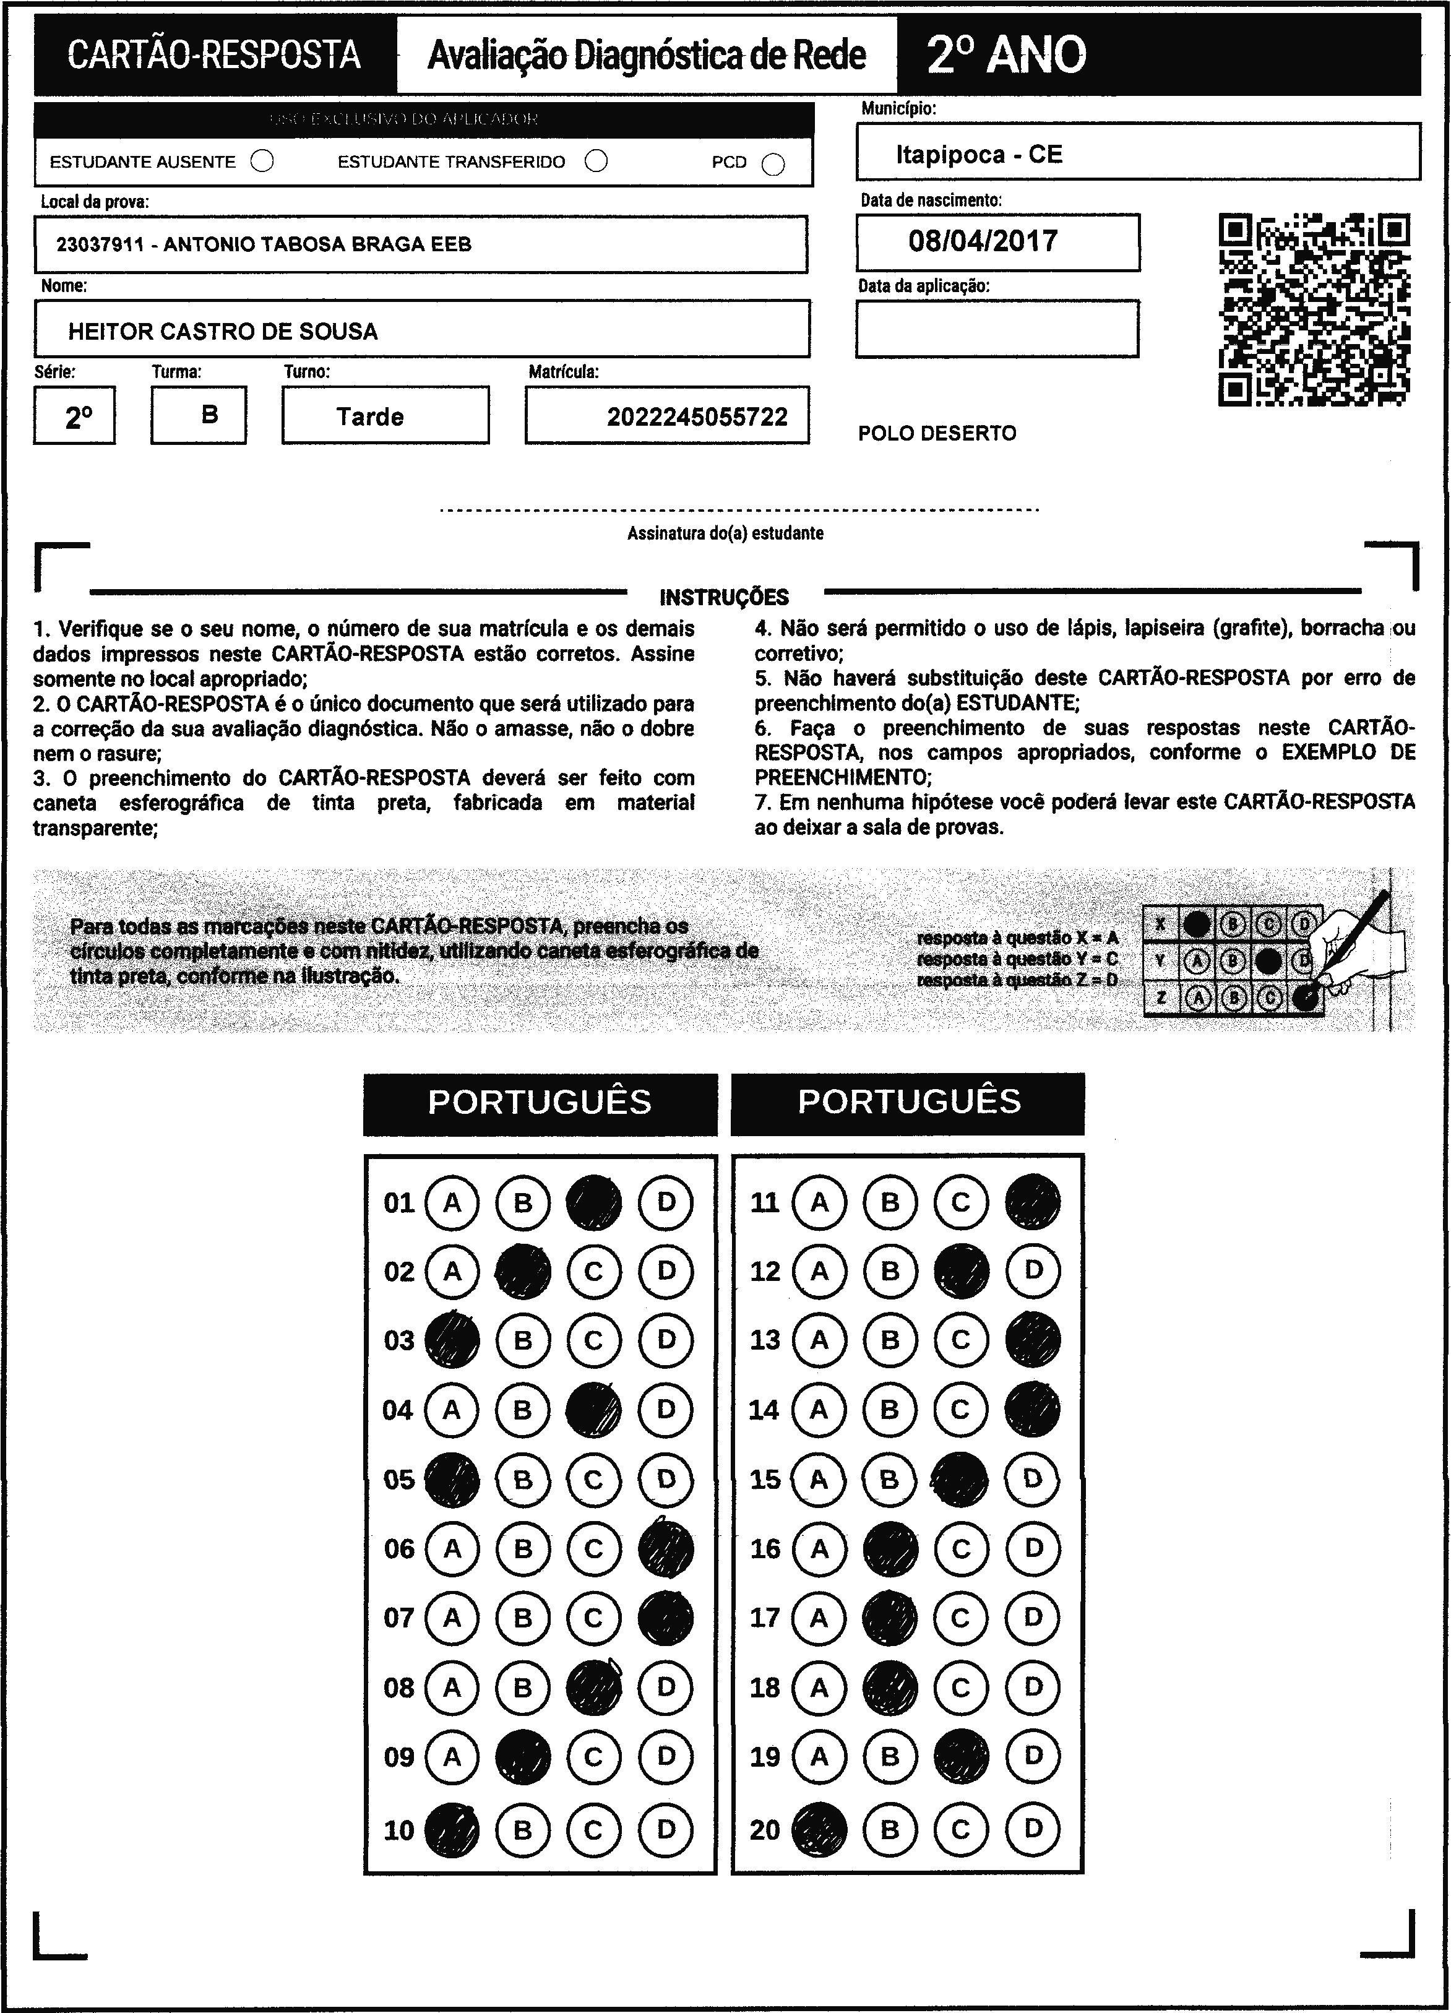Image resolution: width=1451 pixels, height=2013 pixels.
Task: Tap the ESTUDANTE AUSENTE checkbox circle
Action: click(262, 162)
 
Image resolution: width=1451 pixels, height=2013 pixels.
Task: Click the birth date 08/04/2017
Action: click(983, 241)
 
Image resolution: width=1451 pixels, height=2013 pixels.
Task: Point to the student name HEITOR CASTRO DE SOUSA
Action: click(223, 332)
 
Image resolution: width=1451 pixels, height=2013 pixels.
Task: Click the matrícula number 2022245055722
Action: click(697, 417)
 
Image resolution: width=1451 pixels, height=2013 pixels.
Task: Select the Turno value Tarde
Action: click(370, 417)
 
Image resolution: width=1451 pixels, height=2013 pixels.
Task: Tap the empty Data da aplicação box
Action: click(997, 329)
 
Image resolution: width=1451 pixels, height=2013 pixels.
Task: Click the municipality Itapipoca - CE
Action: click(978, 155)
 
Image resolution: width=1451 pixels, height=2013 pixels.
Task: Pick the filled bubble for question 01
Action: click(594, 1202)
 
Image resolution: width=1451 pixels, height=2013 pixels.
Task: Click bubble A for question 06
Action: click(452, 1549)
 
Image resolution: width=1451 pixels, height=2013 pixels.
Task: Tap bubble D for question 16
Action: click(1033, 1549)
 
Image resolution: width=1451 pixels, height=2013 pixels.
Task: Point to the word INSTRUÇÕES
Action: click(724, 597)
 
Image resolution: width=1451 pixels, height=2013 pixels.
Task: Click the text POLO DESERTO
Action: click(937, 434)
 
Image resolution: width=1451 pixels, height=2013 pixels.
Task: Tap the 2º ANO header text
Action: click(1005, 55)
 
